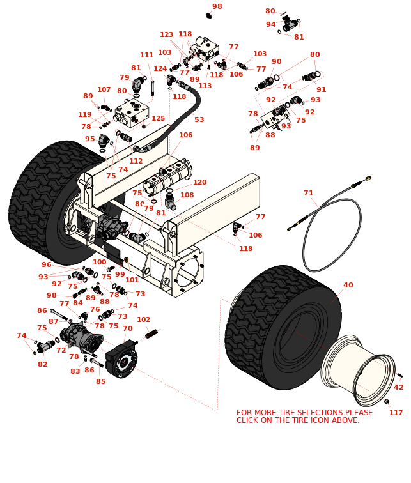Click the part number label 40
348,286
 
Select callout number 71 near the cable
308,193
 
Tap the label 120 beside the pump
199,183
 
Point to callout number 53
199,120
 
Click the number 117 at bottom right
396,413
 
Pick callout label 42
398,387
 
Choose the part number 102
144,319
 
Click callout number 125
158,119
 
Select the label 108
187,195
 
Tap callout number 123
166,35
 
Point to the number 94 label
270,25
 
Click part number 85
100,382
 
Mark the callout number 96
46,265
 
